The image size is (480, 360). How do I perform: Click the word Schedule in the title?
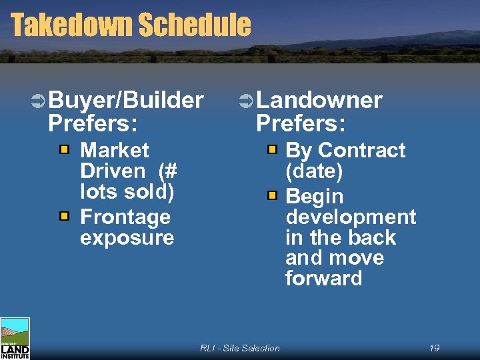[x=194, y=25]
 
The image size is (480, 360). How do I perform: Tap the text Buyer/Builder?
[x=126, y=100]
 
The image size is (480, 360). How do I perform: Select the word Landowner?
[x=319, y=100]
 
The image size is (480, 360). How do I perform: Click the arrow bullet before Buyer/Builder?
[x=38, y=101]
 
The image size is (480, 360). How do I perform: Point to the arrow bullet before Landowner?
[x=246, y=101]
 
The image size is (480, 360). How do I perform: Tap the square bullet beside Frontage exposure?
[x=64, y=216]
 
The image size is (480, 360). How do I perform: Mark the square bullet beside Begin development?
[x=272, y=195]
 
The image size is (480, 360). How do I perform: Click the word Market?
[x=114, y=150]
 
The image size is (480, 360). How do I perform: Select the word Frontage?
[x=125, y=217]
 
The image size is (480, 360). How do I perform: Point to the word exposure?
[x=127, y=238]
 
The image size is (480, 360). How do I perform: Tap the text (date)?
[x=314, y=171]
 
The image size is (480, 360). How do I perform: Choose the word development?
[x=351, y=217]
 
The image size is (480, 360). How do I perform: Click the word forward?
[x=323, y=278]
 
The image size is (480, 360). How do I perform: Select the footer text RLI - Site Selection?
[x=240, y=348]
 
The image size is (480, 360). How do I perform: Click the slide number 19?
[x=434, y=348]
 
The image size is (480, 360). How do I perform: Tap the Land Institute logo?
[x=15, y=339]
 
